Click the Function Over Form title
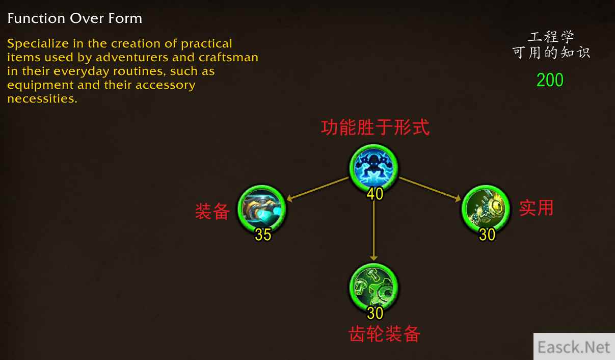pos(75,18)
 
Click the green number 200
pos(550,80)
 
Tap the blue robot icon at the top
pos(373,167)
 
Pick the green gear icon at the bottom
pos(373,287)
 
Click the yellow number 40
pos(375,194)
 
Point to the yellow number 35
pos(263,235)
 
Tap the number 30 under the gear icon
pos(375,313)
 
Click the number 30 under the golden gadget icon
pos(487,235)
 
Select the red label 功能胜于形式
pos(375,127)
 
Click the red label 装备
pos(212,211)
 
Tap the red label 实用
pos(536,208)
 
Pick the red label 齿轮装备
pos(384,334)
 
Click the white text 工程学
pos(550,37)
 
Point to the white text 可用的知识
pos(551,52)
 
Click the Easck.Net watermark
pos(574,347)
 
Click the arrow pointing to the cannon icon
pos(317,189)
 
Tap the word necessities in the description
pos(42,98)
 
